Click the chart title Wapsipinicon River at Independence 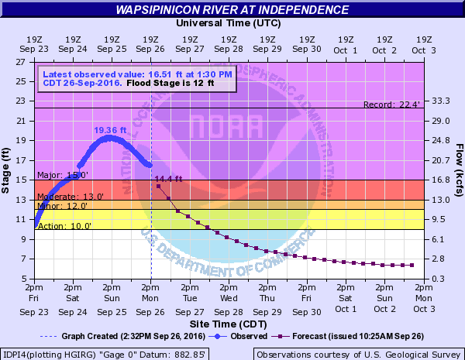tap(232, 10)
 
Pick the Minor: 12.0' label tap(59, 206)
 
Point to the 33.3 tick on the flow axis tap(440, 101)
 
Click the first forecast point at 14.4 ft tap(158, 186)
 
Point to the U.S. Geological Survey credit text tap(358, 354)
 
